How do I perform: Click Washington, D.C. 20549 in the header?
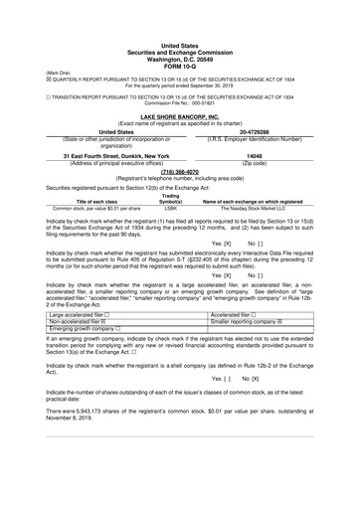(179, 59)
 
